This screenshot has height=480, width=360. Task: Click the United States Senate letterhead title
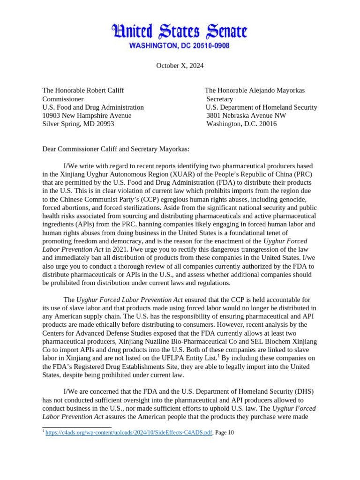[180, 32]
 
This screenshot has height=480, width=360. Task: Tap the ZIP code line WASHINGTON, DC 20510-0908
[180, 46]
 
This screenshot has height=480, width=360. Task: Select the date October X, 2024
[180, 66]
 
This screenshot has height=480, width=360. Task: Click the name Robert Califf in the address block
[102, 90]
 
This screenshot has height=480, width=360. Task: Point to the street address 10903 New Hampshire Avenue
[87, 116]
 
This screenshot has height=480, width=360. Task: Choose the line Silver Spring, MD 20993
[78, 124]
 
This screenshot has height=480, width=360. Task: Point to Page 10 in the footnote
[224, 433]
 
